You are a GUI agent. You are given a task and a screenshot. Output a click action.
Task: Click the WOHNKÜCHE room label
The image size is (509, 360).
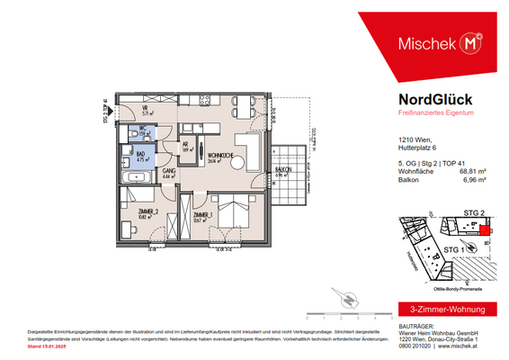[x=216, y=156]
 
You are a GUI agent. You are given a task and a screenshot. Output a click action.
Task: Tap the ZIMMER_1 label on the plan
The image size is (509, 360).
[x=202, y=216]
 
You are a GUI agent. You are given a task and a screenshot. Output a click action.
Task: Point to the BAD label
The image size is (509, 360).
[x=141, y=155]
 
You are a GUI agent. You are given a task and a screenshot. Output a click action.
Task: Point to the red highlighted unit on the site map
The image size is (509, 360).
[x=487, y=231]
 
